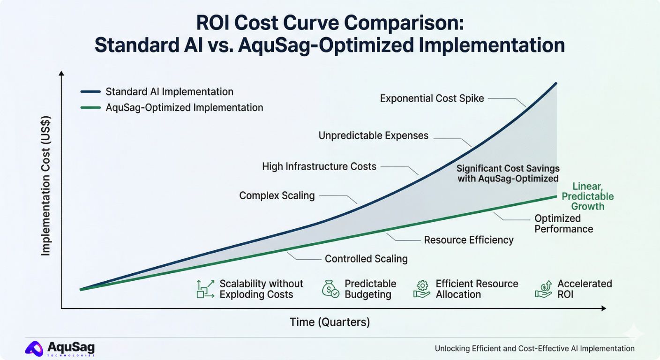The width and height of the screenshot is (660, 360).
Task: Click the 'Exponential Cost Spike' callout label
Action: [432, 98]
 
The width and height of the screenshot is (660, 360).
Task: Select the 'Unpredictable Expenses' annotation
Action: [373, 136]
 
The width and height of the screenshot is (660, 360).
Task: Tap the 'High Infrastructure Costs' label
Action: [319, 166]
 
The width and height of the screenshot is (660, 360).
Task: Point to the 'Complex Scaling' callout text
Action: [277, 195]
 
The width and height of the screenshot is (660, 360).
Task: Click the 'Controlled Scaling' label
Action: [366, 259]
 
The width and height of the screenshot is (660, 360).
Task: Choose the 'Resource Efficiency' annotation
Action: [469, 240]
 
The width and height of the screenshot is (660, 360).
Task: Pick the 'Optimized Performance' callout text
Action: [563, 224]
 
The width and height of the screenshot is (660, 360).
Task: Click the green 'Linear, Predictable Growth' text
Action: [587, 196]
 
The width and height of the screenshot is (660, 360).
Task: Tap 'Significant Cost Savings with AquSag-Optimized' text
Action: [508, 173]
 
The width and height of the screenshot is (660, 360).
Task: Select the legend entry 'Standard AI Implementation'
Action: [169, 92]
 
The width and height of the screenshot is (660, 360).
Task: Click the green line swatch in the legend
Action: [90, 108]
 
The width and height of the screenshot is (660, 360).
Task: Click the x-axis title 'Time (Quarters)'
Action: [330, 322]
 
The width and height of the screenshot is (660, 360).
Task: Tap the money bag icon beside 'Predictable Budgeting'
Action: [330, 289]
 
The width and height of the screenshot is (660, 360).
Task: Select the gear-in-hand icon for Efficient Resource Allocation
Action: [422, 289]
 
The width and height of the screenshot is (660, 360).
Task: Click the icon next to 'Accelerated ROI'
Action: [543, 289]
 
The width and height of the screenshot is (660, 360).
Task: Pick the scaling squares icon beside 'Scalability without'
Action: [205, 289]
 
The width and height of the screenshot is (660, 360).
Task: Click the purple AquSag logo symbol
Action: [34, 348]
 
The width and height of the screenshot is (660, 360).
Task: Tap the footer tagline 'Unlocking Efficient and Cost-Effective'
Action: [534, 349]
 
